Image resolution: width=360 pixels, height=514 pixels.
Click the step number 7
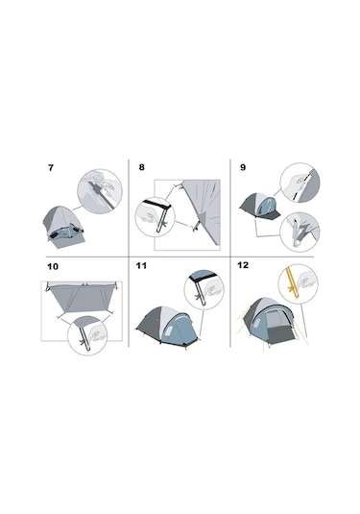pos(51,168)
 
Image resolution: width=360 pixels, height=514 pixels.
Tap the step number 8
pos(141,167)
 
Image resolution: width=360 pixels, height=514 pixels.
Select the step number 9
pos(243,167)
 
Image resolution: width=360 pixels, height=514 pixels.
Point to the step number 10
pos(53,266)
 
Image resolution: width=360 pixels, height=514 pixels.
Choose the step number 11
pos(141,265)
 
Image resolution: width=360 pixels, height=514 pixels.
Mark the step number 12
pos(243,265)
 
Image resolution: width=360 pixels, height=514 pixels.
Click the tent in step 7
pos(63,226)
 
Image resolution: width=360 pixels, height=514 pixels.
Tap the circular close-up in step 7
pos(100,191)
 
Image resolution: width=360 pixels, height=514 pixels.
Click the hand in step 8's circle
pos(147,216)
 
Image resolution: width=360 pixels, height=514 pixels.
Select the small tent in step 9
pos(259,206)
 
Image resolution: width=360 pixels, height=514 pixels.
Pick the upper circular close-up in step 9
pos(300,183)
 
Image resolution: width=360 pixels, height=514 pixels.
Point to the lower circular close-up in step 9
pos(300,233)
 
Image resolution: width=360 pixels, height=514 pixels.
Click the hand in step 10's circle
pos(98,333)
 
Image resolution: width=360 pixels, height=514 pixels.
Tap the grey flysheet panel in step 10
pos(82,298)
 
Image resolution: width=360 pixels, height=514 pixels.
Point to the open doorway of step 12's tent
pos(278,327)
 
